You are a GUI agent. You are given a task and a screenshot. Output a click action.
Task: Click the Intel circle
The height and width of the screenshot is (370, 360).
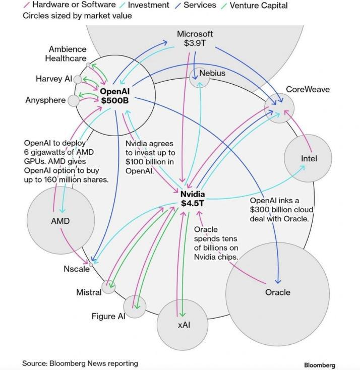[x=308, y=158]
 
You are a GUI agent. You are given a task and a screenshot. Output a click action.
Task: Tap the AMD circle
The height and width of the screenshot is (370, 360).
[x=60, y=221]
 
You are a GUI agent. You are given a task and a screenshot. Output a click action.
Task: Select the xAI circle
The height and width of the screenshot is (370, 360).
[x=183, y=324]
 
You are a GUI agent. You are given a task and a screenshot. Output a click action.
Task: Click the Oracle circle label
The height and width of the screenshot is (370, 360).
[x=278, y=292]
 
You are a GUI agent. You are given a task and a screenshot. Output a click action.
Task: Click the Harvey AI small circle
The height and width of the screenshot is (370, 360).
[x=78, y=79]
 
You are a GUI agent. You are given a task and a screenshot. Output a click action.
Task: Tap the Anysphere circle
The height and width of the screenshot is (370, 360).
[x=74, y=100]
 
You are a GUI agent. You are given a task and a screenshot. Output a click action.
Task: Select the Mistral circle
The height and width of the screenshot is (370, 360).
[x=108, y=287]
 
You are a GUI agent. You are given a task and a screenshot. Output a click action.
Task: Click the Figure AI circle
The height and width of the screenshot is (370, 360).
[x=135, y=305]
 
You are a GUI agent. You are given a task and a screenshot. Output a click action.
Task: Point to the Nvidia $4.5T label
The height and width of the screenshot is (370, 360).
[x=193, y=199]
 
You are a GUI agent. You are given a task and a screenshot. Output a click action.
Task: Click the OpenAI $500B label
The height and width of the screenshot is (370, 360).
[x=115, y=96]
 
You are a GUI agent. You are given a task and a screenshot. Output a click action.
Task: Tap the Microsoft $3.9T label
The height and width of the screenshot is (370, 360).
[x=195, y=39]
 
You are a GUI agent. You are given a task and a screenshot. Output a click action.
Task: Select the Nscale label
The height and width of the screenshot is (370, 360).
[x=77, y=269]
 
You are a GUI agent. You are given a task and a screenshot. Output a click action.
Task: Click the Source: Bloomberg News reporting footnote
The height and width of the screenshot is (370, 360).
[x=80, y=363]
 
